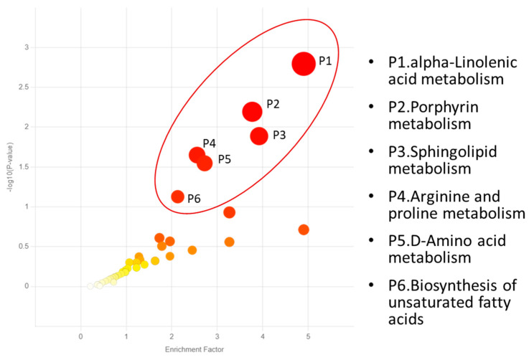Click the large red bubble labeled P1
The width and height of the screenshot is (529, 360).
pyautogui.click(x=304, y=64)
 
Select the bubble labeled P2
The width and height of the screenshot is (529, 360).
pyautogui.click(x=252, y=112)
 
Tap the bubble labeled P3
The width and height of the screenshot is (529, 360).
pyautogui.click(x=259, y=136)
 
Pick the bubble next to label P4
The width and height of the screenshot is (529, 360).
pyautogui.click(x=197, y=155)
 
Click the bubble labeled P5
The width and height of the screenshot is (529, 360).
pyautogui.click(x=205, y=164)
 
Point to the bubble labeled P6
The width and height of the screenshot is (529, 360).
pyautogui.click(x=177, y=196)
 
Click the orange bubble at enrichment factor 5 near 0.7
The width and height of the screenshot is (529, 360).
pyautogui.click(x=304, y=229)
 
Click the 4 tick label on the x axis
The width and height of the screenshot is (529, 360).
pyautogui.click(x=263, y=334)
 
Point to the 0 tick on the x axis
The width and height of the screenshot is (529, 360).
pyautogui.click(x=81, y=334)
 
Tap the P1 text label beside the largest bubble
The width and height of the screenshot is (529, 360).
pyautogui.click(x=324, y=60)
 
